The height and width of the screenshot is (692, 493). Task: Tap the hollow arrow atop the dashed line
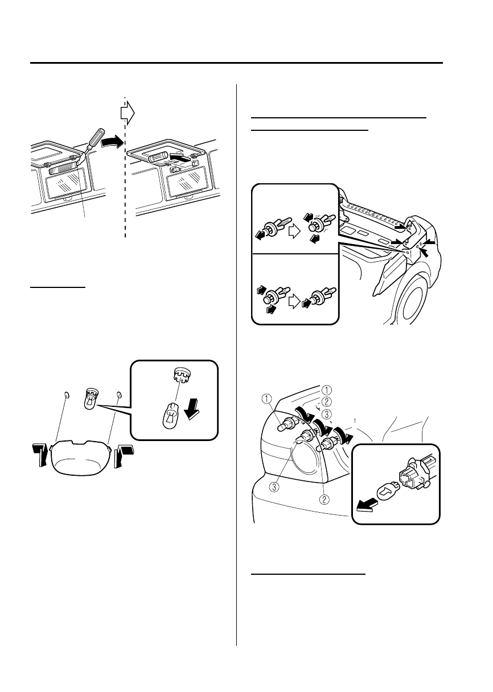(x=128, y=113)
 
